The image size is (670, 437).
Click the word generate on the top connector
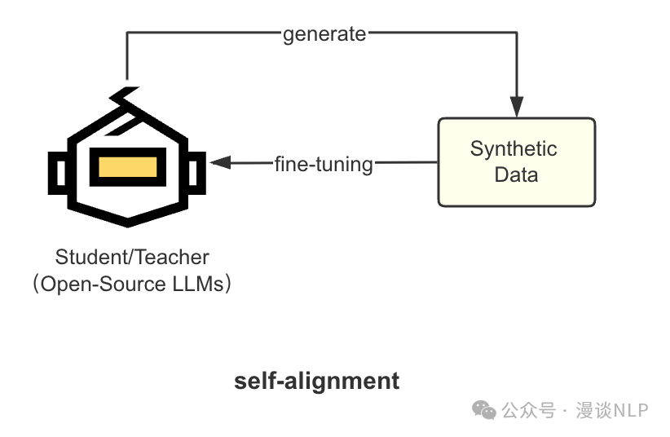[324, 34]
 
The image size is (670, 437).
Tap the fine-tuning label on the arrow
[323, 164]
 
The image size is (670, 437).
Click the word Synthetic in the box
[514, 148]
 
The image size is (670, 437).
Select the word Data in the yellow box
[516, 174]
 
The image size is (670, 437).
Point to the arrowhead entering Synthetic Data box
[516, 106]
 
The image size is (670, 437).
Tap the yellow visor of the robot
[127, 166]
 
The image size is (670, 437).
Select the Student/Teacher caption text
[132, 258]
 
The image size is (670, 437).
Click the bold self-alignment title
[317, 381]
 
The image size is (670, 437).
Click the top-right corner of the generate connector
[516, 34]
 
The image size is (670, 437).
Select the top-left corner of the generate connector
[128, 34]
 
